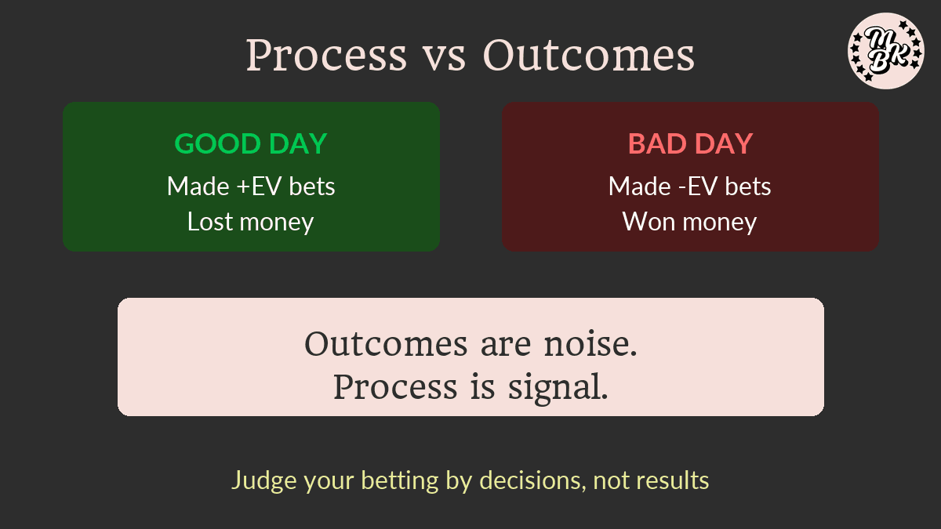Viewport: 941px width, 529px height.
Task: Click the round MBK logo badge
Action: [x=886, y=51]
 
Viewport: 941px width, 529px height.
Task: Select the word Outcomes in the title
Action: [x=589, y=55]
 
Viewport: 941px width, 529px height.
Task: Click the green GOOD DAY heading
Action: [x=251, y=143]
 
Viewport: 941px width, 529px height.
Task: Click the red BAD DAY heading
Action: [x=690, y=143]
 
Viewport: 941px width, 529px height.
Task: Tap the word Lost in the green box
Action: [x=209, y=222]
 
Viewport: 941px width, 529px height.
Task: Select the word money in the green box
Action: [x=276, y=223]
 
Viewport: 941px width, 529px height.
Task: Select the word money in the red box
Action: [x=720, y=223]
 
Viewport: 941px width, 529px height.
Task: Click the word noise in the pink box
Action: [x=590, y=344]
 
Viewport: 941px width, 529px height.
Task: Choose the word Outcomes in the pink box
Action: [x=386, y=344]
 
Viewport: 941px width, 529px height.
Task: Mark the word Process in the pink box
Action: [x=395, y=386]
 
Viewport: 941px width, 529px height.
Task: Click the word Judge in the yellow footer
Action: [x=264, y=480]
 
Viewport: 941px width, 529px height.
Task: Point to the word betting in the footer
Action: [x=400, y=480]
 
